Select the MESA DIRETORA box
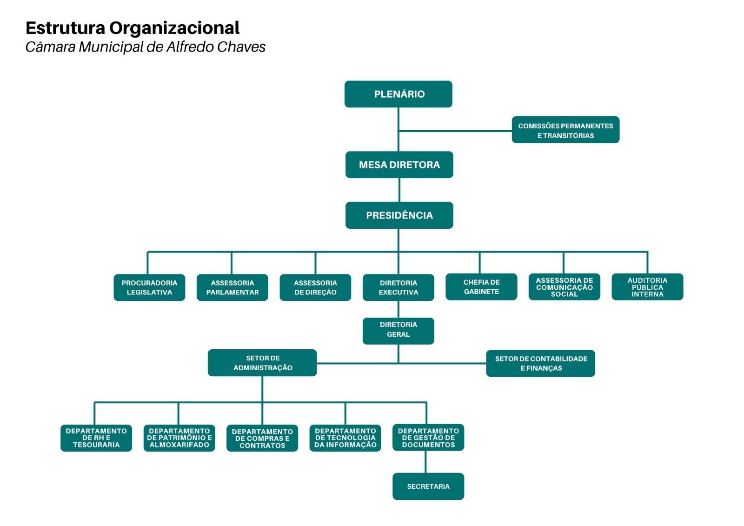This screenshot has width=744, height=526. tap(399, 165)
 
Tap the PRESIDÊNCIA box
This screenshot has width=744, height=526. tap(399, 215)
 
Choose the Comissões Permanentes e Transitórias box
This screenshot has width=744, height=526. tap(565, 130)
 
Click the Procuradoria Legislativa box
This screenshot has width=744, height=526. tap(149, 287)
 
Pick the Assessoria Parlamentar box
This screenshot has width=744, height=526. tap(232, 287)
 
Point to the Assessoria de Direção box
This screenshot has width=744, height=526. tap(316, 287)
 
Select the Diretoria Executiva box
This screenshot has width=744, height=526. tap(399, 287)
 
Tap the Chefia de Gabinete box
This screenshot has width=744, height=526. tap(482, 287)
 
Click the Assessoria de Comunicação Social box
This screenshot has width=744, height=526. tap(565, 287)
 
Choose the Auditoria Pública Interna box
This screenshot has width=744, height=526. tap(648, 287)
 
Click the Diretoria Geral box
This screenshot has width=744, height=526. tap(399, 331)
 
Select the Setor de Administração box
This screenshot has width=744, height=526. tap(262, 363)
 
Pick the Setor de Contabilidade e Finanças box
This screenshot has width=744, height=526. tap(541, 364)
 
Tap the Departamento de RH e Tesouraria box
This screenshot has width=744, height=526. tap(96, 438)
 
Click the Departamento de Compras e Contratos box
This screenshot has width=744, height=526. tap(262, 438)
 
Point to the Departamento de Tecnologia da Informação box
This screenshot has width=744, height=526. tap(345, 438)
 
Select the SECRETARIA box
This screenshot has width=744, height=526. tap(428, 486)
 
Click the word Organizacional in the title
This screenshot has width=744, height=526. tap(174, 28)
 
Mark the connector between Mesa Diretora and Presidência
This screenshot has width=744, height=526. tap(399, 190)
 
